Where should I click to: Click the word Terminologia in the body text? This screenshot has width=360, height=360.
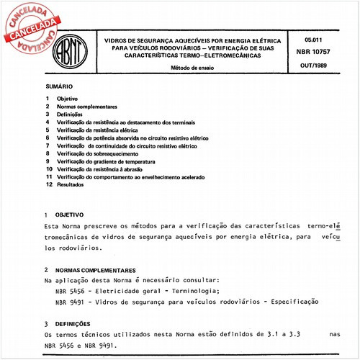pos(188,290)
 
